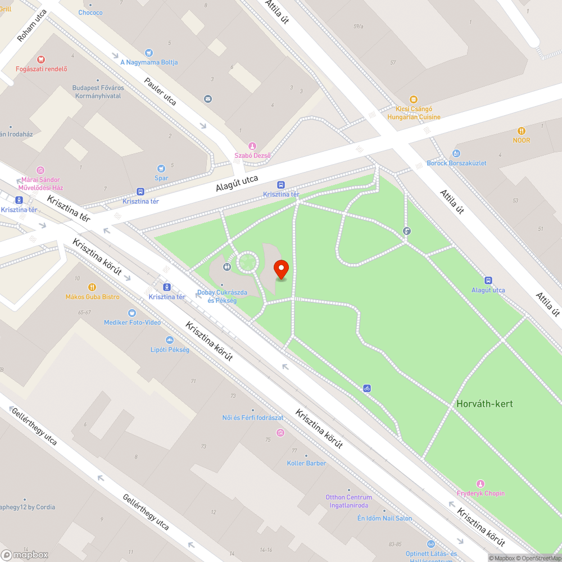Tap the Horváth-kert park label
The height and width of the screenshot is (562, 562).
click(484, 404)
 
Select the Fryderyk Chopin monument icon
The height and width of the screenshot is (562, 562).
click(480, 484)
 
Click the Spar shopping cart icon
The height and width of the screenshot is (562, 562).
click(161, 168)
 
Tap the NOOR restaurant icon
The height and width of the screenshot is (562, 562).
click(521, 130)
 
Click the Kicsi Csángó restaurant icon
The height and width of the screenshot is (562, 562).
click(414, 99)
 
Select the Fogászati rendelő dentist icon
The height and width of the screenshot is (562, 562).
click(40, 59)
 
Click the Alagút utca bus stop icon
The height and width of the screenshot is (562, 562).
click(488, 280)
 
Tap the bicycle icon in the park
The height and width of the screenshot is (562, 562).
click(366, 388)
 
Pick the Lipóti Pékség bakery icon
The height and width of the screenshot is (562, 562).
click(169, 340)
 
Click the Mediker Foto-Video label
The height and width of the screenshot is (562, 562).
click(132, 322)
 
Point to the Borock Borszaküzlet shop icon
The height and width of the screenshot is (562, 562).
click(456, 153)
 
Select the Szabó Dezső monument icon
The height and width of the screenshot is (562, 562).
click(252, 146)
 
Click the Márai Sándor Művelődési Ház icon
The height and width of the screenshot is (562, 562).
click(40, 170)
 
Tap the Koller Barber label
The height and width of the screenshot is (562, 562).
click(306, 463)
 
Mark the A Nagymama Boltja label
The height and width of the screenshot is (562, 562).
click(149, 62)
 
